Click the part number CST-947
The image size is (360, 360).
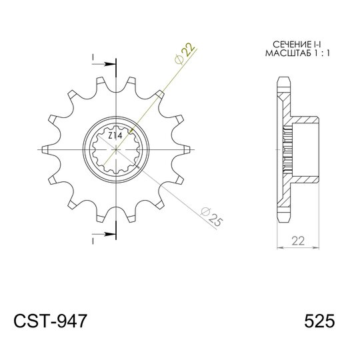click(x=50, y=321)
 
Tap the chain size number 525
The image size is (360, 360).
click(x=319, y=321)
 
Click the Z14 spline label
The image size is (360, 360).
click(x=115, y=136)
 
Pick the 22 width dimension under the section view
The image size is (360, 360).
click(x=298, y=241)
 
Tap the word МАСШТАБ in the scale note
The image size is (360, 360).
click(x=288, y=53)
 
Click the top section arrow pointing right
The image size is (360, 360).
click(x=103, y=64)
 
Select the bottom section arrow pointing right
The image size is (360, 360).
click(x=103, y=234)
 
